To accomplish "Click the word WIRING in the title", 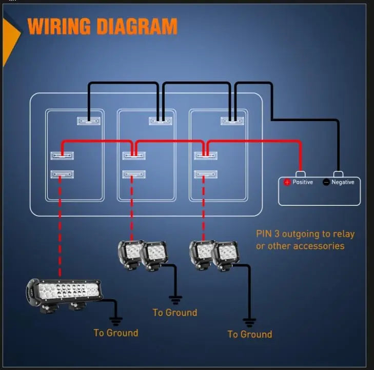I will click(x=57, y=26).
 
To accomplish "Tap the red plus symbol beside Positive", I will click(x=287, y=182).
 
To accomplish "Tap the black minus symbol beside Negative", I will click(x=326, y=182).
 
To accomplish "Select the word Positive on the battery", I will click(x=303, y=182).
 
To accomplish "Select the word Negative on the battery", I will click(x=343, y=182).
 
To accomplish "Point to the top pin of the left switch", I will click(x=88, y=121).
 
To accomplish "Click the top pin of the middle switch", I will click(x=160, y=121).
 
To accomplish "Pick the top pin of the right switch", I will click(x=232, y=121).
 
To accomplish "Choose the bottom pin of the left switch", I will click(x=62, y=174).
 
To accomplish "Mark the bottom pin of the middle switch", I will click(x=134, y=174).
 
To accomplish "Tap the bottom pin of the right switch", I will click(x=206, y=174).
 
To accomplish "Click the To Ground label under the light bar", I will click(x=115, y=333).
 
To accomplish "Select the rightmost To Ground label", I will click(x=249, y=334).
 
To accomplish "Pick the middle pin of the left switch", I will click(x=62, y=155).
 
